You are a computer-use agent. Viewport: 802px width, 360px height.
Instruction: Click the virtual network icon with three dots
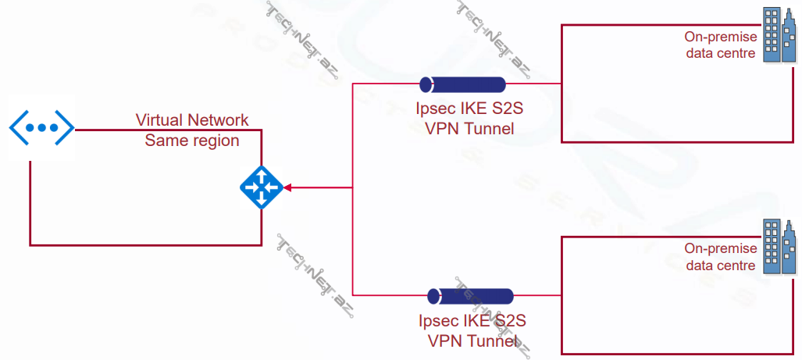(41, 127)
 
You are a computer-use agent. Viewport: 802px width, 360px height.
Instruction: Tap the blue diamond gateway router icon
(261, 187)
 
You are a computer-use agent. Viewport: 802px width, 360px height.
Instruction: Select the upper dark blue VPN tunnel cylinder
(462, 84)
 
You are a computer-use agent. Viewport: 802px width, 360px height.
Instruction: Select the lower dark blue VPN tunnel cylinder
(470, 296)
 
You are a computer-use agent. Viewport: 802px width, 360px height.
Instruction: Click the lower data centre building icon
(779, 247)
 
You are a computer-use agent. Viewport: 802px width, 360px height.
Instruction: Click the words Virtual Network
(192, 120)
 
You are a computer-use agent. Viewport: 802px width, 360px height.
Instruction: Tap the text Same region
(192, 141)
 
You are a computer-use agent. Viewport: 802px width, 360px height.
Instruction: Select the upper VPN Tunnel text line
(470, 129)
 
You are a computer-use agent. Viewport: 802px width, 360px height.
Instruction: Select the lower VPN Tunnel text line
(472, 340)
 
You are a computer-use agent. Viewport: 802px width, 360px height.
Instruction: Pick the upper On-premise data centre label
(720, 45)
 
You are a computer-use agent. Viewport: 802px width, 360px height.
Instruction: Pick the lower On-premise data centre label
(720, 257)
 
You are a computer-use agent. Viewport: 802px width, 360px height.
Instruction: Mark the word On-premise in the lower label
(721, 248)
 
